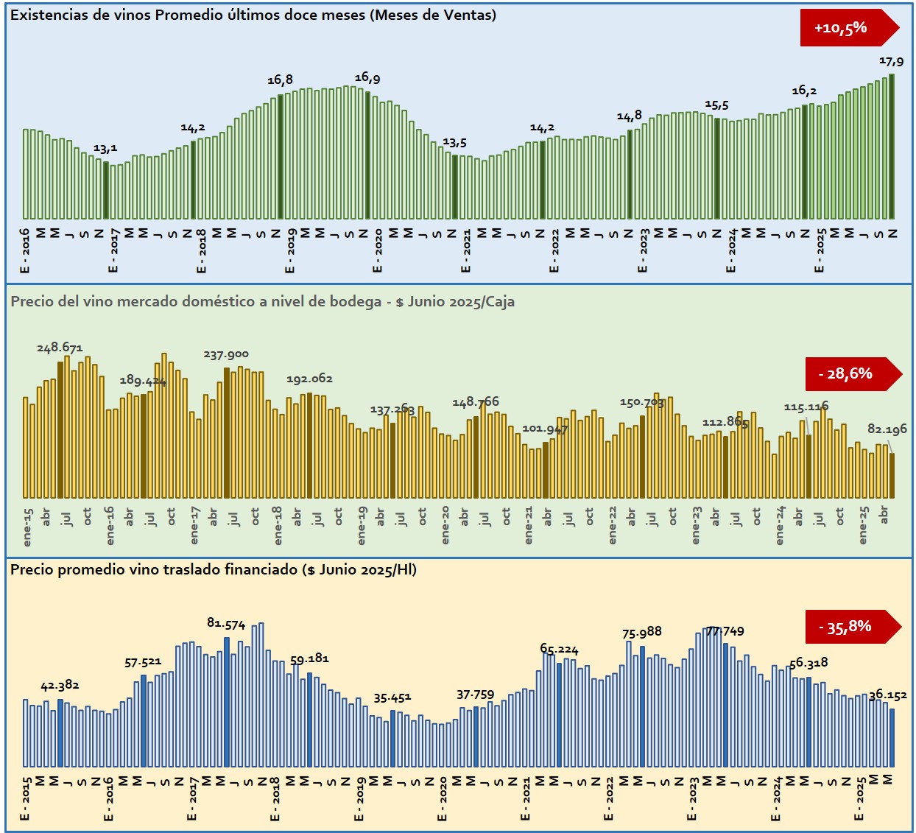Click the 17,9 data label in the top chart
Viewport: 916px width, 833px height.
tap(891, 62)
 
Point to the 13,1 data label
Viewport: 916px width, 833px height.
tap(105, 149)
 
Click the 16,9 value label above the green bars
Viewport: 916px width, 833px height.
tap(367, 78)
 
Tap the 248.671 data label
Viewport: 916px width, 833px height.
tap(60, 348)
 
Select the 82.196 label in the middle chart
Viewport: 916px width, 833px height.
tap(887, 429)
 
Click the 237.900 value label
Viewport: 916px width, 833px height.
tap(226, 355)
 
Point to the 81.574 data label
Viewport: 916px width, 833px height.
tap(226, 624)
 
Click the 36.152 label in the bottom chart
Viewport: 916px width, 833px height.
tap(887, 695)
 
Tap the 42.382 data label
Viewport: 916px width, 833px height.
tap(60, 686)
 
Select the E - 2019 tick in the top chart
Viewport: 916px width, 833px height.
tap(291, 251)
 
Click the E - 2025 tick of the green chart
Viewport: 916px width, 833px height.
tap(820, 251)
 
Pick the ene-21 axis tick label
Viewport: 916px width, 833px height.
tap(529, 525)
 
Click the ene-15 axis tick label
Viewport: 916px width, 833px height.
tap(29, 527)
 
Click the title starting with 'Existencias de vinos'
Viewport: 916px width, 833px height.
tap(253, 15)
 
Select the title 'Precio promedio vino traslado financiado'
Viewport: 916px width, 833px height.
tap(214, 569)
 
